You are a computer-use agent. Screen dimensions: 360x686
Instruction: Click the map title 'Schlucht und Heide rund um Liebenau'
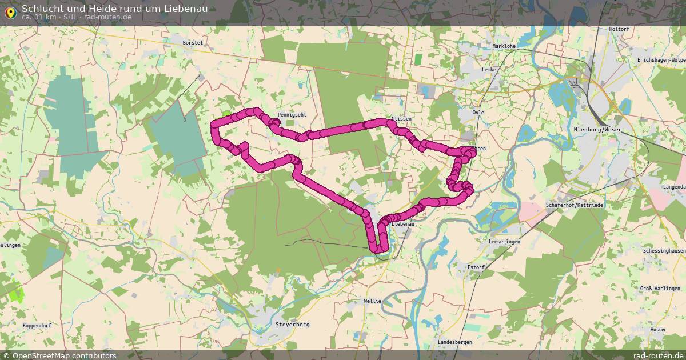tap(114, 9)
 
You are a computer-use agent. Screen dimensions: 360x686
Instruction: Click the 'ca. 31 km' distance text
tap(40, 17)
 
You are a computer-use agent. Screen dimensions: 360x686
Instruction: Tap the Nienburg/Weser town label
tap(597, 130)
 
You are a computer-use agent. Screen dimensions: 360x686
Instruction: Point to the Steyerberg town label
tap(292, 325)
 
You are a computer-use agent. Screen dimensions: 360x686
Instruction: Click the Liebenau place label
tap(402, 225)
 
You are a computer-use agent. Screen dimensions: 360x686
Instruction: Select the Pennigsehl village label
tap(292, 115)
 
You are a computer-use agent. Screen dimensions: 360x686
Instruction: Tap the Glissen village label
tap(401, 119)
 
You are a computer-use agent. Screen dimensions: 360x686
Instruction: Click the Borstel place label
tap(193, 43)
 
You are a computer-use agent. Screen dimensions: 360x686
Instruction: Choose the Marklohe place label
tap(504, 46)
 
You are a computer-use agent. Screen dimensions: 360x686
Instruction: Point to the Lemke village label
tap(489, 70)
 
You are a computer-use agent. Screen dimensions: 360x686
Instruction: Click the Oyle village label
tap(478, 113)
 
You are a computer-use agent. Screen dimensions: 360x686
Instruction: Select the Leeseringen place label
tap(505, 242)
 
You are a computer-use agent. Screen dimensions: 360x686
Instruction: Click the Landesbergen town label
tap(454, 342)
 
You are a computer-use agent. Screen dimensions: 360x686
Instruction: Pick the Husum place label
tap(657, 330)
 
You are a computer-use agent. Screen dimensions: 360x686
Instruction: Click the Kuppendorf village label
tap(38, 325)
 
